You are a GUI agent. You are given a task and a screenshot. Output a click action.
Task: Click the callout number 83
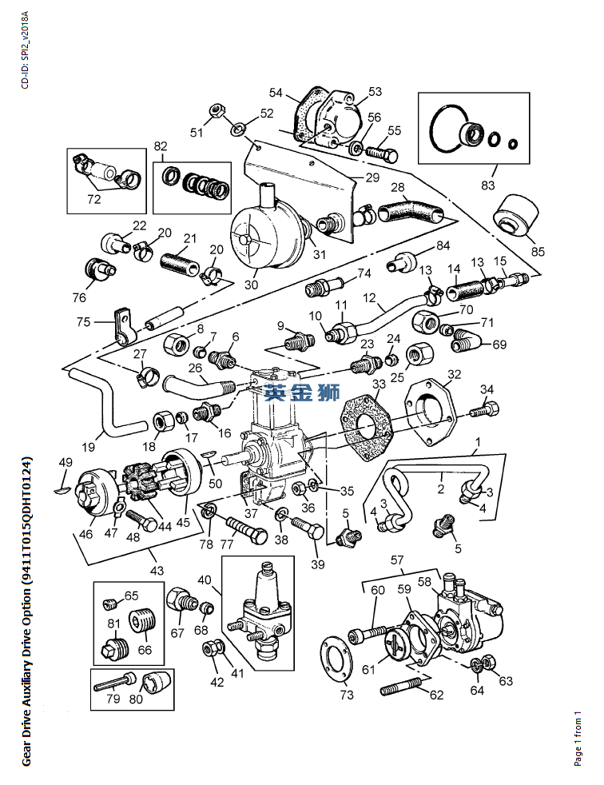tap(487, 185)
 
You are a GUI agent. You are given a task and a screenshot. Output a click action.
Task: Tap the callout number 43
tap(157, 570)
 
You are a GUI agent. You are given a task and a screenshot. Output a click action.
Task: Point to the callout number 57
tap(397, 560)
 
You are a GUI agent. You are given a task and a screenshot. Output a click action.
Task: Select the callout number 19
tap(89, 447)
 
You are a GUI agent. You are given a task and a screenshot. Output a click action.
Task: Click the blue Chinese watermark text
tap(302, 392)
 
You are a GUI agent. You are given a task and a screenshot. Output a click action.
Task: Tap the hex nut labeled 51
tap(217, 110)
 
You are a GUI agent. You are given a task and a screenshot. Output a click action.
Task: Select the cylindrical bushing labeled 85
tap(516, 214)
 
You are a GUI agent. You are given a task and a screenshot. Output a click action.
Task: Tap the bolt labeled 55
tap(383, 153)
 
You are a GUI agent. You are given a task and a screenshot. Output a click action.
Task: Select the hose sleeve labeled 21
tap(180, 263)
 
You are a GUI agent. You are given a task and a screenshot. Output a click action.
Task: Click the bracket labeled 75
tap(125, 326)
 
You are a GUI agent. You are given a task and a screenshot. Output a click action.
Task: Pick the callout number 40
tap(205, 580)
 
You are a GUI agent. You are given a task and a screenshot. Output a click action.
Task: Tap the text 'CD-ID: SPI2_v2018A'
tap(26, 50)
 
